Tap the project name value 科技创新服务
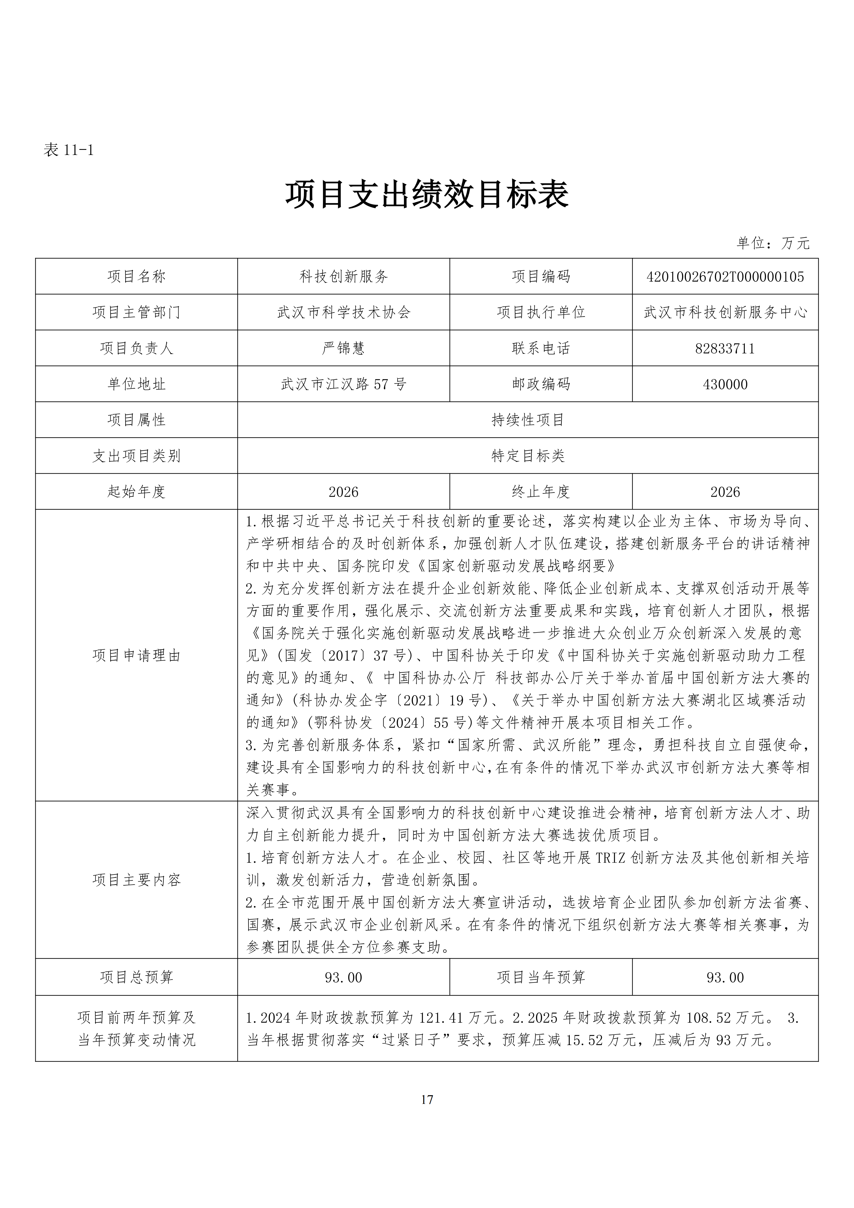(x=343, y=277)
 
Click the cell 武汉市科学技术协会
(x=343, y=313)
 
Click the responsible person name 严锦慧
(x=343, y=348)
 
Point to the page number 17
(x=427, y=1100)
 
